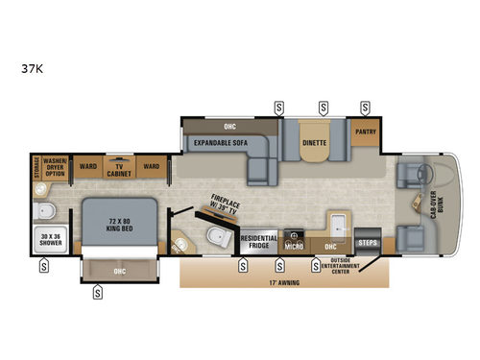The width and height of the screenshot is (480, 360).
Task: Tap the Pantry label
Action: pos(365,132)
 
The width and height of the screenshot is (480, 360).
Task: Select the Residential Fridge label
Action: pos(259,241)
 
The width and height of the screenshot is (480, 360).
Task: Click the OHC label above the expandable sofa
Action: pos(228,124)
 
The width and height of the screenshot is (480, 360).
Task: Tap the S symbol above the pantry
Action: pos(365,107)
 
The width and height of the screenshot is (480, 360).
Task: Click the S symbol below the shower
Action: pos(44,268)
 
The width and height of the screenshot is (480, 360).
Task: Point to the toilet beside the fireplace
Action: pos(217,237)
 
